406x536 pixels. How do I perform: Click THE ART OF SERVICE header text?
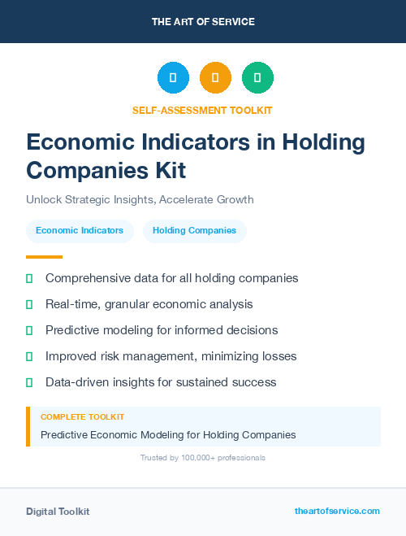pos(203,22)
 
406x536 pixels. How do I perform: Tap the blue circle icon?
pos(173,78)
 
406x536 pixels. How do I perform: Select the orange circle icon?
pos(215,78)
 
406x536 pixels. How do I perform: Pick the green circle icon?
pos(257,78)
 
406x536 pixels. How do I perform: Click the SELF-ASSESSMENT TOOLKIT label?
pos(202,110)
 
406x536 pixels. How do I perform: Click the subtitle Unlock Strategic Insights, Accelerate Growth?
pos(140,199)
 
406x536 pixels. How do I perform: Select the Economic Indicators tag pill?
pos(80,231)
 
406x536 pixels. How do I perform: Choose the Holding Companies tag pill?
pos(194,231)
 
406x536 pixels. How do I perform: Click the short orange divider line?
pos(44,257)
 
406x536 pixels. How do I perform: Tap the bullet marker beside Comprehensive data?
pos(29,278)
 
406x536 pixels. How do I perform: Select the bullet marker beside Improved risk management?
pos(29,356)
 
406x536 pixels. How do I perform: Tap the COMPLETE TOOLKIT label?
pos(82,417)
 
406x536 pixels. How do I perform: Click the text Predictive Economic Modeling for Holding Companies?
pos(168,435)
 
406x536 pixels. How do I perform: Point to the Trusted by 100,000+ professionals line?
pos(203,458)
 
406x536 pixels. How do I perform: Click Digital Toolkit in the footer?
pos(58,512)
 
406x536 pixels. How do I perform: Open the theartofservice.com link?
pos(337,511)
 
